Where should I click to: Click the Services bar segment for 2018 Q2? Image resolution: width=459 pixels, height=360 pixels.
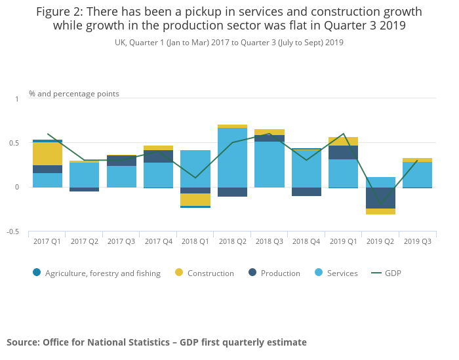tap(232, 157)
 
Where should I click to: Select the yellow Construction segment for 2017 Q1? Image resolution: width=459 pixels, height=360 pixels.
tap(47, 153)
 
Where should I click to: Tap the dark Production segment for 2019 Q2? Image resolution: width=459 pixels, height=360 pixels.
tap(380, 198)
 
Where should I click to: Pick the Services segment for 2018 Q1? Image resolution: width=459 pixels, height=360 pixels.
tap(195, 169)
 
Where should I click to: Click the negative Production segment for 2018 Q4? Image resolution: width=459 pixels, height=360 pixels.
tap(306, 191)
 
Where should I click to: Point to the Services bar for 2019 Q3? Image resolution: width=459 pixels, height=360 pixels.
tap(417, 174)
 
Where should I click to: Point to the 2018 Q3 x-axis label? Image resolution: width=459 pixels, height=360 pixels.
tap(269, 241)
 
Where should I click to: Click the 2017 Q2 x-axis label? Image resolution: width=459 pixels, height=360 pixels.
tap(84, 241)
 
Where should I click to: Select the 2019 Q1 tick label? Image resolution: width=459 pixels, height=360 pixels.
tap(343, 241)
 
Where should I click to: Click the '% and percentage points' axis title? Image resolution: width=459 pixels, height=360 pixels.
tap(74, 94)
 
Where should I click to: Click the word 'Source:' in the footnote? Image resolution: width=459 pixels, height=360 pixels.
tap(23, 342)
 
